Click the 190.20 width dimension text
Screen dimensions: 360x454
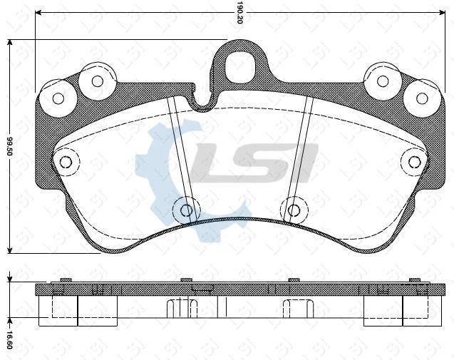pos(240,13)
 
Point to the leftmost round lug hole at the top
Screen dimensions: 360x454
pos(58,98)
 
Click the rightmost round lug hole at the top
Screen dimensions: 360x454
pos(422,98)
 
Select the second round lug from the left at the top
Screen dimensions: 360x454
pos(98,81)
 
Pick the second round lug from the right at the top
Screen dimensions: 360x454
pos(383,81)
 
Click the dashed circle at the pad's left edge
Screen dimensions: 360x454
pos(66,163)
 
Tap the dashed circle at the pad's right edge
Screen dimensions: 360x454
pos(414,162)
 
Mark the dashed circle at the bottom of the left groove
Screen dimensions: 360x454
pos(186,210)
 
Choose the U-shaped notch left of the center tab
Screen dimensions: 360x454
pos(203,102)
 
